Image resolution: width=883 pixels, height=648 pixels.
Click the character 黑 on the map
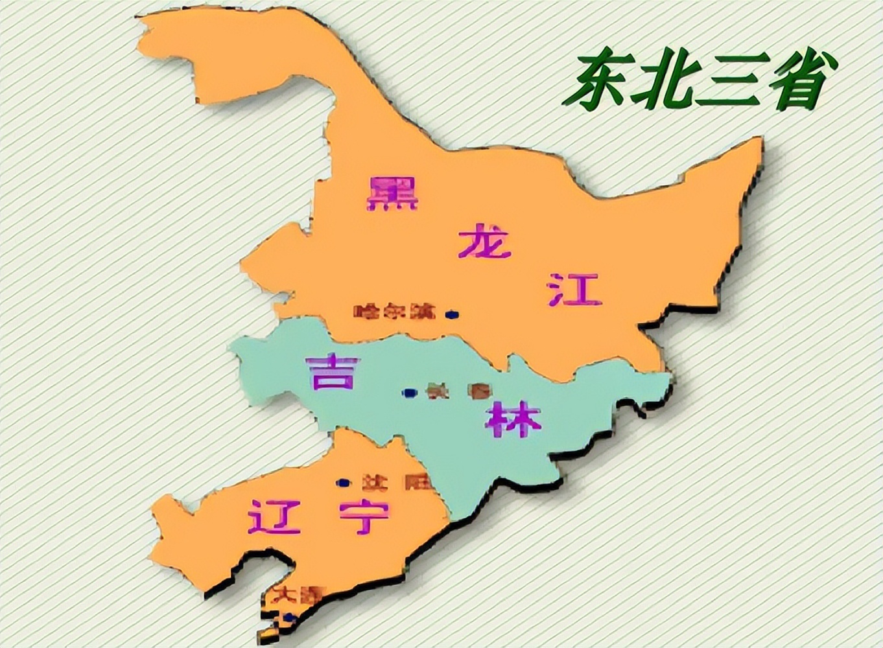click(392, 192)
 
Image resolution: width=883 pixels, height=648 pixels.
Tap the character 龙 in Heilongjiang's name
click(484, 241)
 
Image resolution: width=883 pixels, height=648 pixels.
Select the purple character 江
click(575, 290)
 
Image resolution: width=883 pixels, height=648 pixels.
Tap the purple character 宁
click(364, 516)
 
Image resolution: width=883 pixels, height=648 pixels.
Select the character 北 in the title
click(660, 81)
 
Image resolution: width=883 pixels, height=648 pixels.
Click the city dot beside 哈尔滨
click(451, 314)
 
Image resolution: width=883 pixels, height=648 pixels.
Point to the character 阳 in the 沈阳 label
click(413, 483)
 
